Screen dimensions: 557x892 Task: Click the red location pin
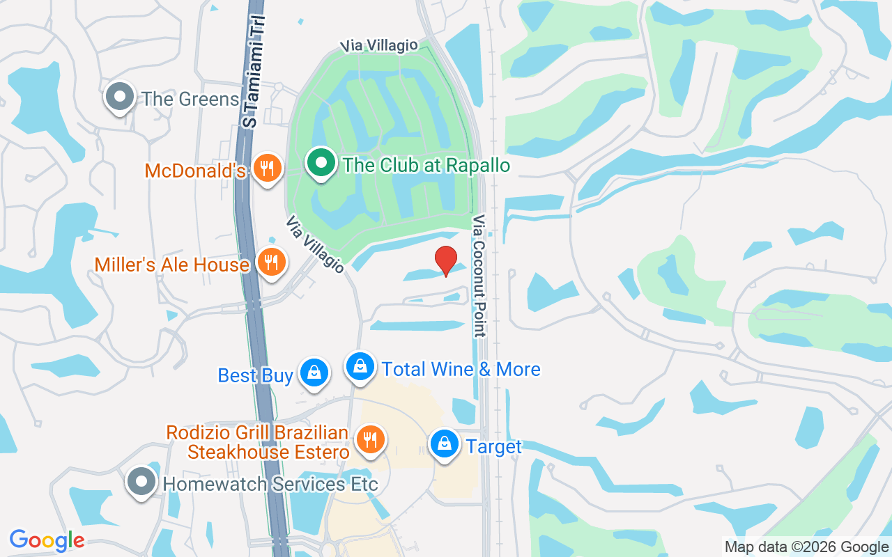(x=446, y=260)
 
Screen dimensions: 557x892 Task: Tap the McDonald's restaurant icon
(x=266, y=168)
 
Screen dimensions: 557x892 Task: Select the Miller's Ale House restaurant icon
(x=270, y=262)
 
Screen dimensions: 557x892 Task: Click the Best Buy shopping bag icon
(x=314, y=373)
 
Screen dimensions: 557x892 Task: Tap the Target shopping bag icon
(x=444, y=444)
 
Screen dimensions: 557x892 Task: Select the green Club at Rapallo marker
(x=321, y=164)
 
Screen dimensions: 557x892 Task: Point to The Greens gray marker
(x=120, y=97)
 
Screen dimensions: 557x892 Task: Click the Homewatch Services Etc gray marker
(x=142, y=481)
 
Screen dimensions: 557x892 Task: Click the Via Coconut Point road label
(x=479, y=276)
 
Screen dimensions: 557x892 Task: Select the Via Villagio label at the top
(x=380, y=46)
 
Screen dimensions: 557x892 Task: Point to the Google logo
(x=47, y=540)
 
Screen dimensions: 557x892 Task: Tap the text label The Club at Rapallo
(x=426, y=166)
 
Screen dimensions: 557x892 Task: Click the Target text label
(x=494, y=446)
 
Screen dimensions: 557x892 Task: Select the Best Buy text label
(x=255, y=376)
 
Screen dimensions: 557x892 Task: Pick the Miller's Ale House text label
(x=172, y=265)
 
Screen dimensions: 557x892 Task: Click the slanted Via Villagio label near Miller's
(x=315, y=244)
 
